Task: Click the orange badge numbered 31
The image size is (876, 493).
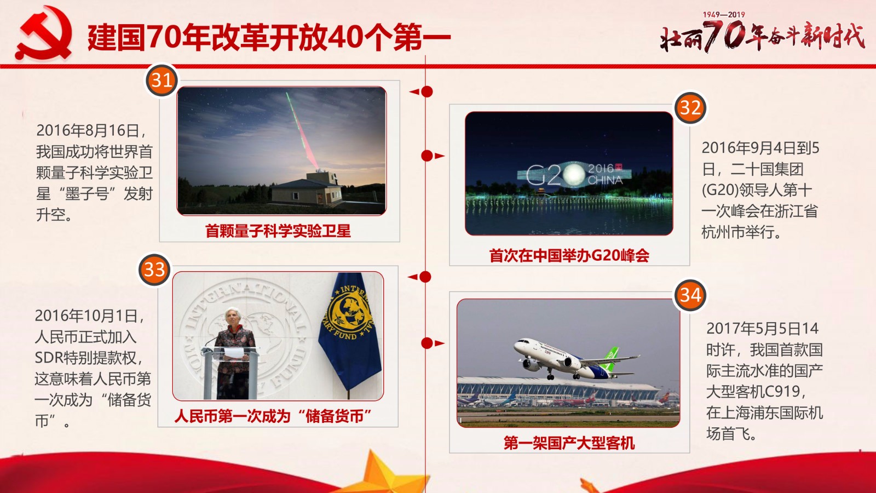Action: tap(162, 81)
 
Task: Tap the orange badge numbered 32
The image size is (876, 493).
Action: tap(690, 108)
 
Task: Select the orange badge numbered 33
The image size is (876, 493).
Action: tap(154, 270)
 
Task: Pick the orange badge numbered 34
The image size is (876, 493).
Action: tap(690, 295)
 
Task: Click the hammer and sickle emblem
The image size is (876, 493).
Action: tap(44, 33)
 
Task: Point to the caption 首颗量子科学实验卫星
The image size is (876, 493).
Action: tap(278, 231)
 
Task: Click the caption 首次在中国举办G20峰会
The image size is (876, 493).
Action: tap(569, 255)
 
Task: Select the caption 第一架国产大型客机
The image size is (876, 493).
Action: tap(569, 443)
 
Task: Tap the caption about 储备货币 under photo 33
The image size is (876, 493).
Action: tap(273, 416)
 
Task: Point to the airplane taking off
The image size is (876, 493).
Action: tap(575, 359)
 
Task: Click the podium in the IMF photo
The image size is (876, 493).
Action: tap(230, 372)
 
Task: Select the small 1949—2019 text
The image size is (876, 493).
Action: tap(724, 14)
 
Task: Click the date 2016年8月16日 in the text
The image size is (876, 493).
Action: tap(88, 130)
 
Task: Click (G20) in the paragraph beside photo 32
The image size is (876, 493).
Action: tap(719, 191)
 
